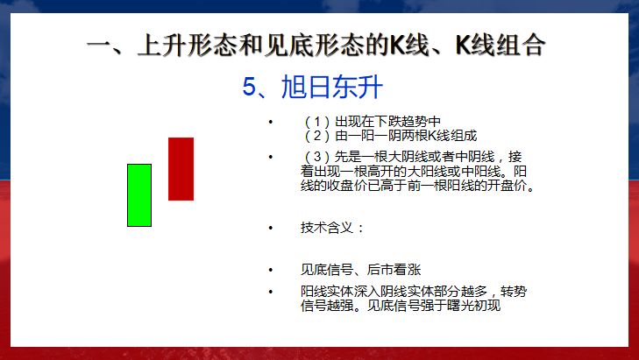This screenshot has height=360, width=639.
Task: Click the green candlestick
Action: pyautogui.click(x=139, y=194)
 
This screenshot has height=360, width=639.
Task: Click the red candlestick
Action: pyautogui.click(x=181, y=168)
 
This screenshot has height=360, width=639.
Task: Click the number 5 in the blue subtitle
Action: pyautogui.click(x=249, y=87)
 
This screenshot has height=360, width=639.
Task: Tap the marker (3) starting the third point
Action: pyautogui.click(x=314, y=156)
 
